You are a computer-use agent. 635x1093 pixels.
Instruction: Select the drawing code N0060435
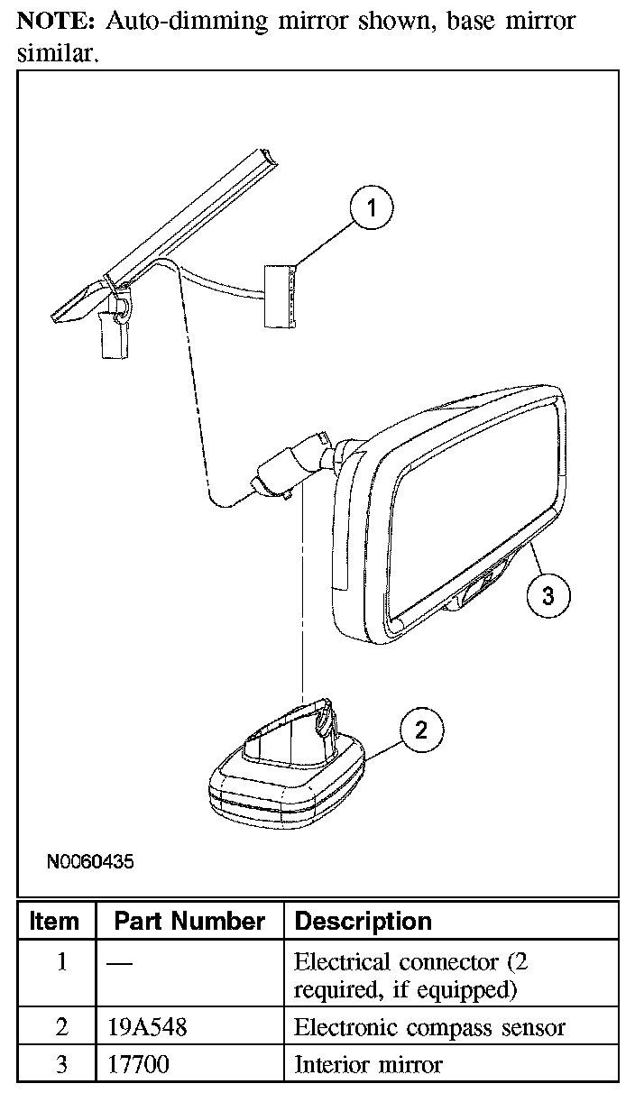click(90, 861)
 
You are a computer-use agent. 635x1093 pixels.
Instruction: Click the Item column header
click(54, 921)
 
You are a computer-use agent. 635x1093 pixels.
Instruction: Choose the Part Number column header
click(189, 921)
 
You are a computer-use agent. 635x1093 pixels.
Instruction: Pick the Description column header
click(364, 921)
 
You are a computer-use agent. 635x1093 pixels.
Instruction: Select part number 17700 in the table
click(137, 1064)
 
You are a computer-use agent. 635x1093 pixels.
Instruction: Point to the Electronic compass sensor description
click(429, 1026)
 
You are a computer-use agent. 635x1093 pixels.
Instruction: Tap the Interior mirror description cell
click(368, 1064)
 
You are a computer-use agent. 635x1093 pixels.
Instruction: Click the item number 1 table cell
click(61, 962)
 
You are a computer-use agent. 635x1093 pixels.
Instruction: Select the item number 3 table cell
click(61, 1064)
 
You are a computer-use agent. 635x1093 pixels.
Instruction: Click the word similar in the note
click(55, 54)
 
